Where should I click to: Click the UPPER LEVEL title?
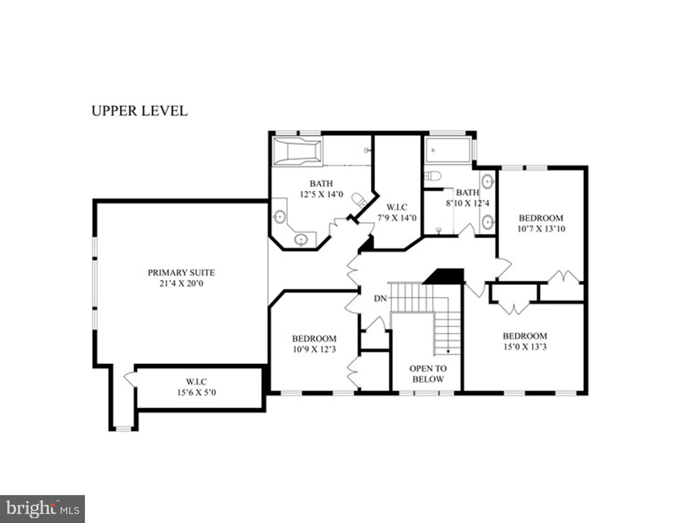tap(139, 111)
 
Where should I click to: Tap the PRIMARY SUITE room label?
tap(181, 272)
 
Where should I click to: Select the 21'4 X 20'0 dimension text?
tap(181, 283)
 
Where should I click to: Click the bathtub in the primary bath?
tap(297, 152)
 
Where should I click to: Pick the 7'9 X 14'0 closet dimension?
tap(397, 218)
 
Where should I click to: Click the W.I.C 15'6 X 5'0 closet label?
tap(197, 387)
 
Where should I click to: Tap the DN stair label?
tap(380, 298)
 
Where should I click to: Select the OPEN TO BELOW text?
tap(428, 374)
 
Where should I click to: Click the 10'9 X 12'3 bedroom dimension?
tap(314, 349)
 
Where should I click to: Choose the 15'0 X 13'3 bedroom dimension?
tap(525, 347)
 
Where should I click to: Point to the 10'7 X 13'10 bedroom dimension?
tap(541, 228)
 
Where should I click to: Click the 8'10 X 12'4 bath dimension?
tap(468, 203)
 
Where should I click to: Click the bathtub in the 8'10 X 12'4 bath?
tap(448, 150)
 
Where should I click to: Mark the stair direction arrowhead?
tap(448, 352)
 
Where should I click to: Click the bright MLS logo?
tap(42, 509)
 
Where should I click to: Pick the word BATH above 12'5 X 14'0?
tap(321, 183)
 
